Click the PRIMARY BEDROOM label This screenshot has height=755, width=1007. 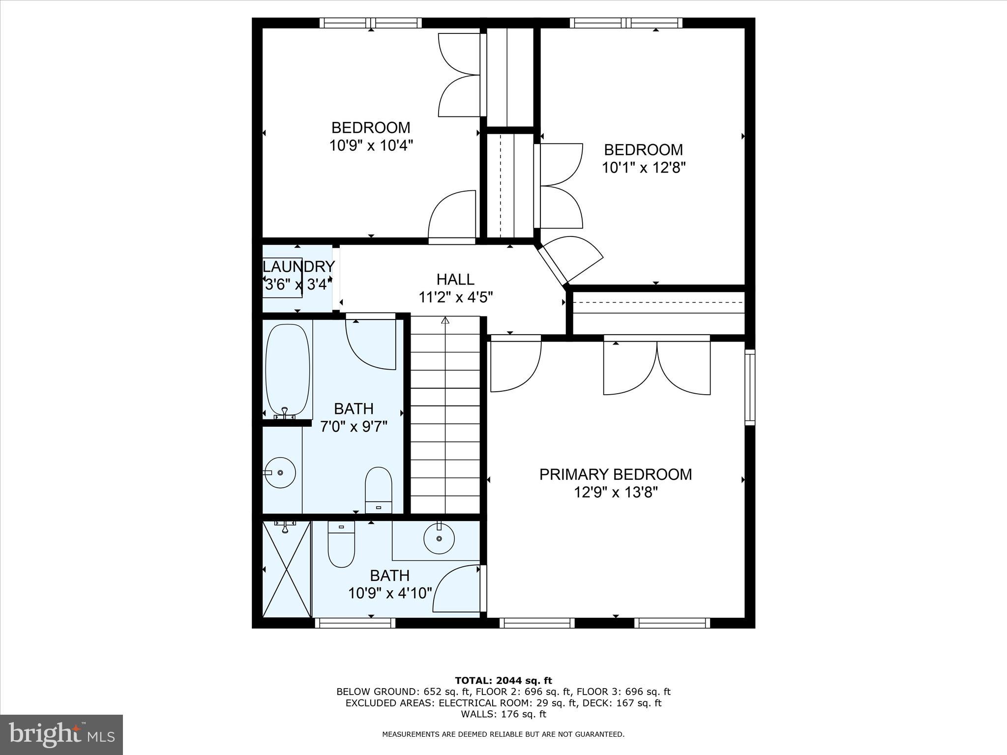tap(616, 474)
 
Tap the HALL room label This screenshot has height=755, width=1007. tap(455, 279)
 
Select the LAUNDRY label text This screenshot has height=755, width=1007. tap(299, 266)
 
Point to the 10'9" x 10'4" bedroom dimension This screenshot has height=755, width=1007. tap(371, 145)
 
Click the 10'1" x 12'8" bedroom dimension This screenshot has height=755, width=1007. tap(644, 168)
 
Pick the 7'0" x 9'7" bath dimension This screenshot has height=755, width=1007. tap(354, 426)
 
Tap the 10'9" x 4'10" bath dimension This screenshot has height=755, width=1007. tap(390, 593)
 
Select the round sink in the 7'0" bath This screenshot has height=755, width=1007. tap(280, 472)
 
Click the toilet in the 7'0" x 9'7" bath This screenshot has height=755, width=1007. tap(378, 489)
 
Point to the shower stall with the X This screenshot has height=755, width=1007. tap(287, 569)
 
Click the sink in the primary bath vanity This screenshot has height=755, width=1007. tap(439, 538)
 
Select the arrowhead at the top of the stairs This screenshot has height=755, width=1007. tap(445, 320)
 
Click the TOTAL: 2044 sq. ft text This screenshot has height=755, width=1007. tap(503, 681)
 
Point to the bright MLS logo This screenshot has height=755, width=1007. tap(61, 734)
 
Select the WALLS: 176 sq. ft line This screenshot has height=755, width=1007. tap(503, 714)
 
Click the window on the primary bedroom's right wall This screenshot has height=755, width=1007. tap(749, 387)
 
